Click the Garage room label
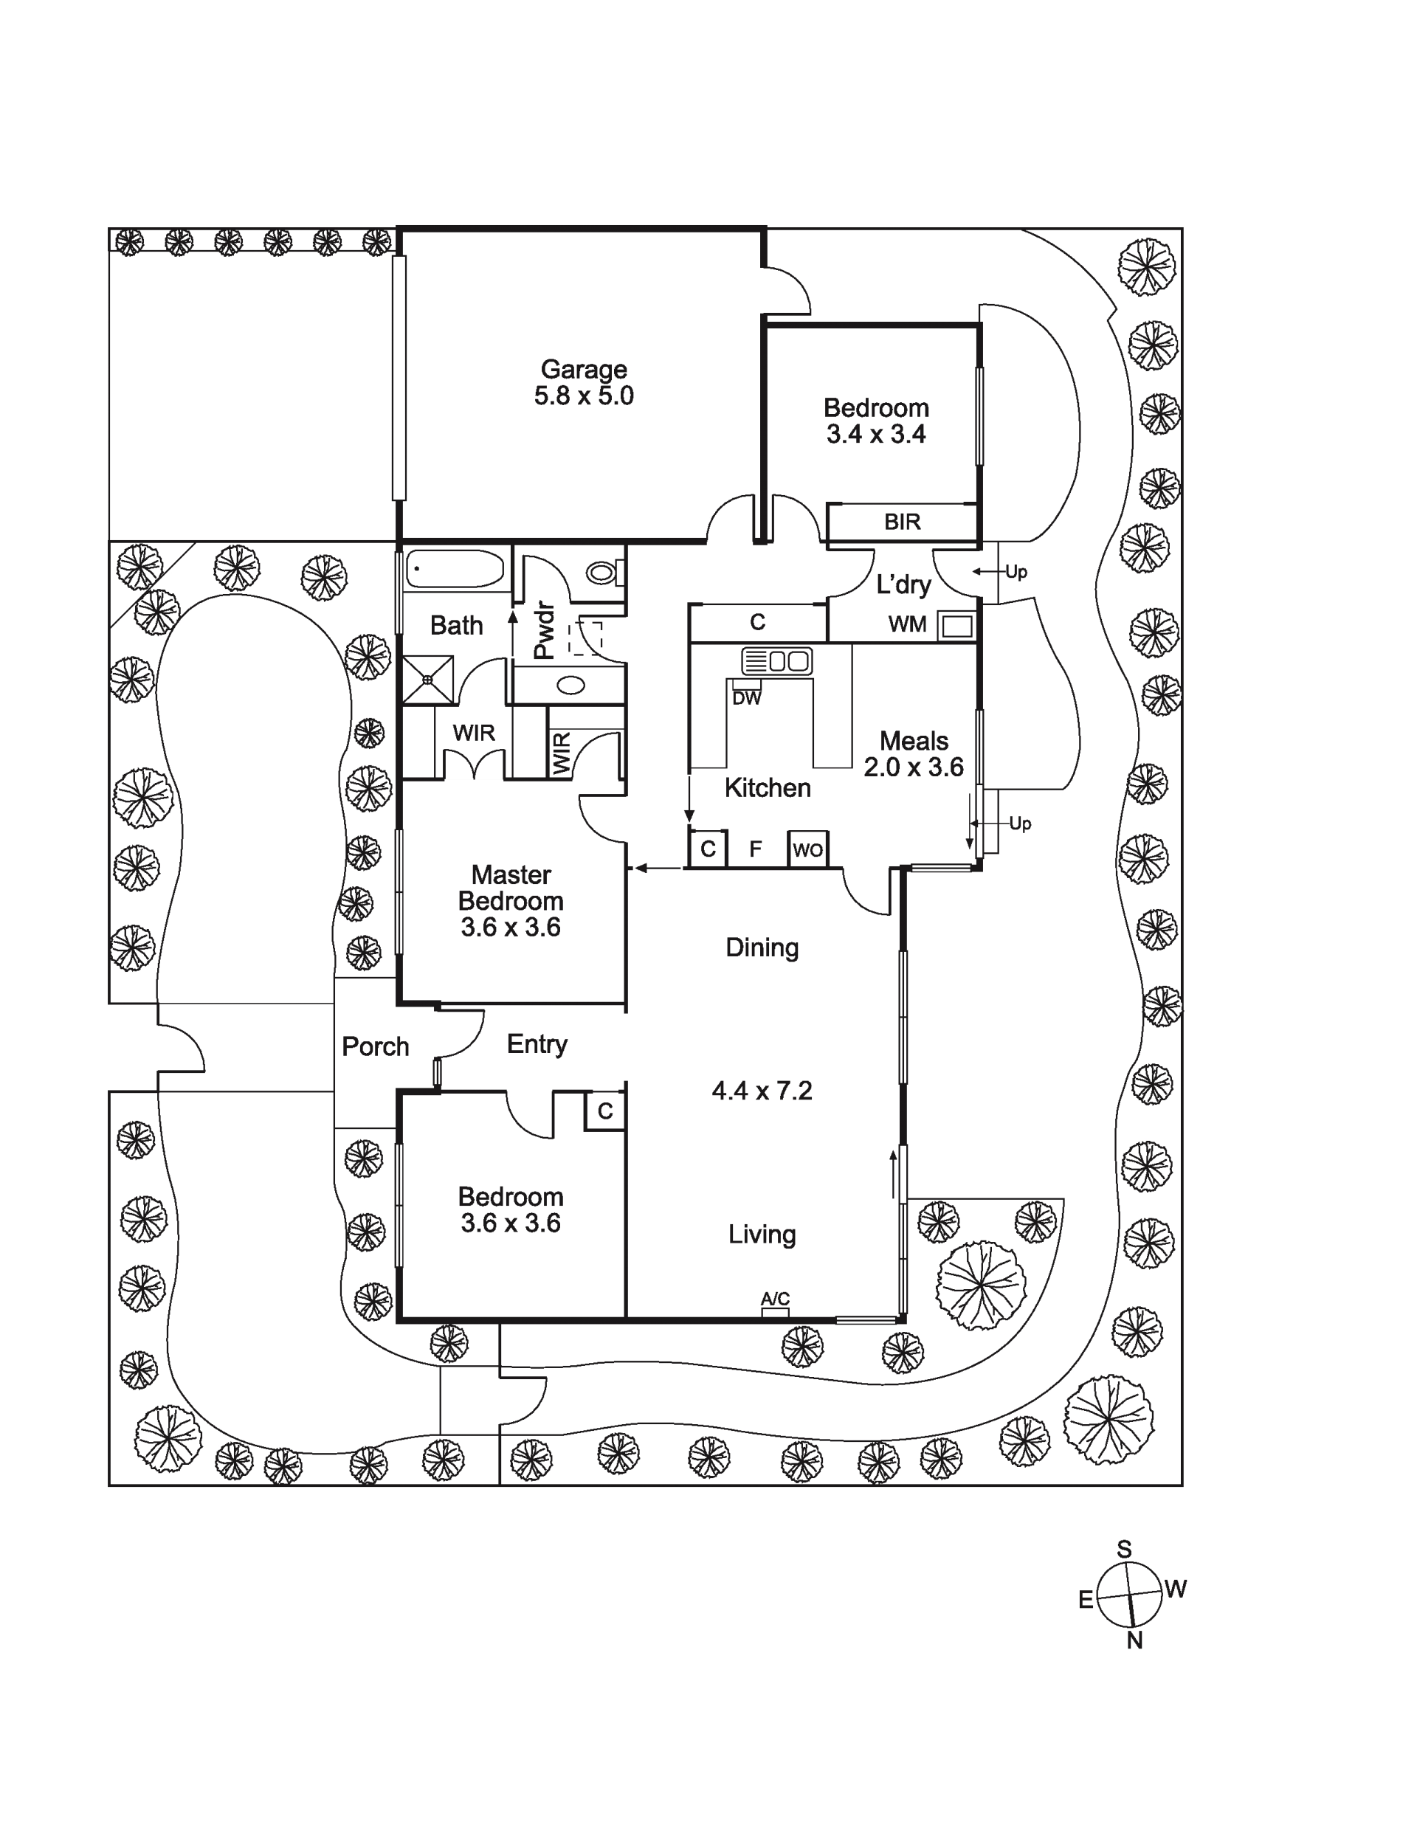[x=584, y=369]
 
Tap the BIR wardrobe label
[x=903, y=522]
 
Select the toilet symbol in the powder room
[x=605, y=573]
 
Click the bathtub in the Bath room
[x=455, y=569]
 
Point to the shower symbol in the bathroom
[x=428, y=679]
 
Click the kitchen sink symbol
[x=776, y=660]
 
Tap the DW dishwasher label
[x=746, y=698]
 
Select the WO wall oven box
[x=807, y=849]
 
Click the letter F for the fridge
[x=756, y=849]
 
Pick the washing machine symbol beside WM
[x=958, y=625]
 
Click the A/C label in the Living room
[x=775, y=1299]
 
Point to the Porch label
[x=375, y=1046]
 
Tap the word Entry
[x=537, y=1044]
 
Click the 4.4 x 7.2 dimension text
[x=762, y=1091]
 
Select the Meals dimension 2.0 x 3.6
[x=914, y=767]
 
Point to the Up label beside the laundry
[x=1016, y=573]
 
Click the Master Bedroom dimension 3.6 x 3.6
[x=511, y=928]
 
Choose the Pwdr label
[x=544, y=629]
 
